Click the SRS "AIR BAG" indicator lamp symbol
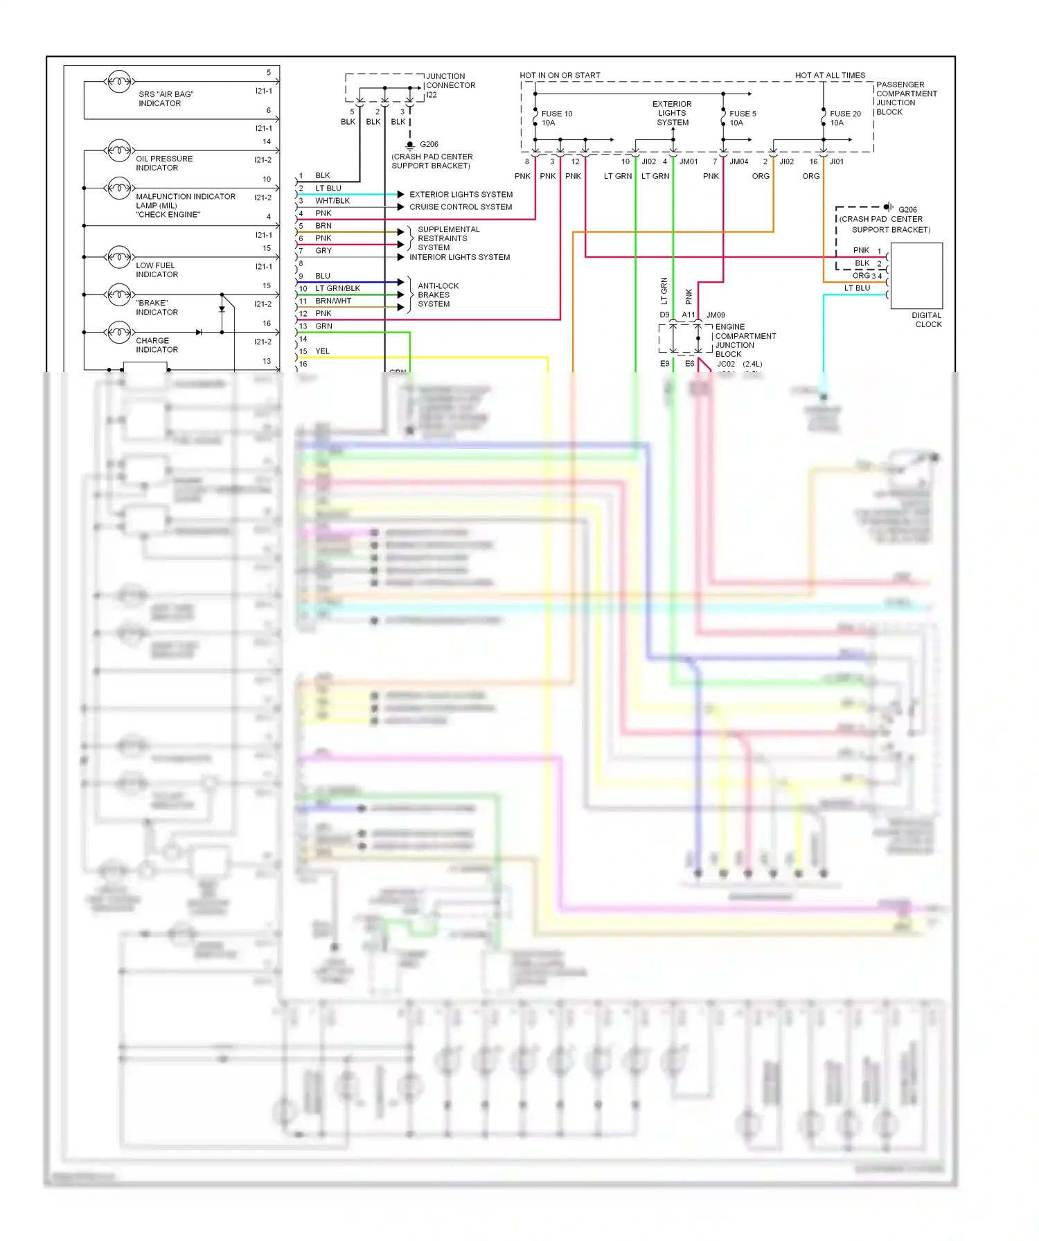119,82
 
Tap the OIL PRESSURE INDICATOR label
163,164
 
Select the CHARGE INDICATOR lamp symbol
119,333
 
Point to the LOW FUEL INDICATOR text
157,270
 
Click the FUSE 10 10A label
556,118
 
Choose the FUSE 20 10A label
844,118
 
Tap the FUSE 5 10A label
742,118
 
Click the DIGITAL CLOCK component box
916,276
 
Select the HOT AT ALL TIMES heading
830,76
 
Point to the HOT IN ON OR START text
560,76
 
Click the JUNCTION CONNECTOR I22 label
450,86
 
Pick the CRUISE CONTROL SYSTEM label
460,207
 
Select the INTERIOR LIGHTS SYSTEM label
459,257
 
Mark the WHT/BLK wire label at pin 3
332,201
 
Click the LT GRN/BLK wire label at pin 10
337,288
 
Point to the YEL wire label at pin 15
322,351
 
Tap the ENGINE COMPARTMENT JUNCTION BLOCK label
745,340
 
